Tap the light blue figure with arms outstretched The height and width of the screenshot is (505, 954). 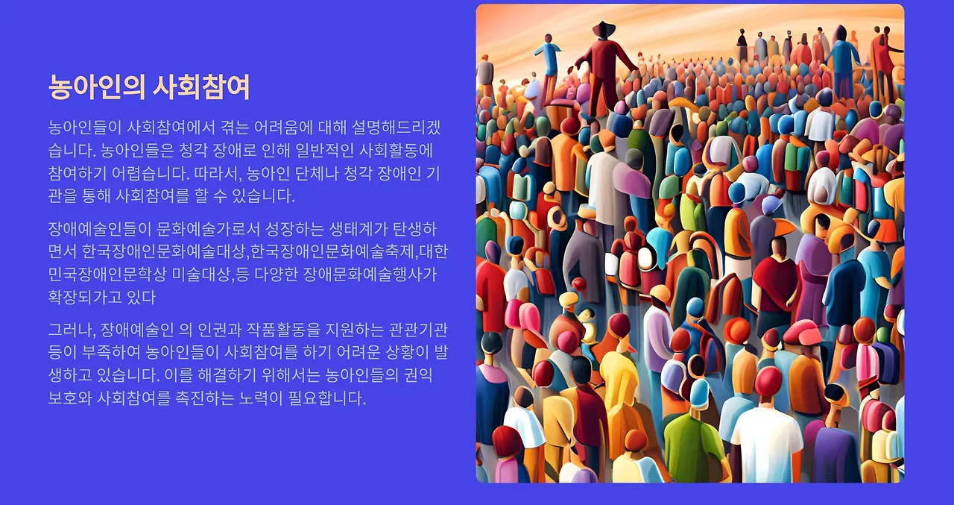(549, 56)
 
